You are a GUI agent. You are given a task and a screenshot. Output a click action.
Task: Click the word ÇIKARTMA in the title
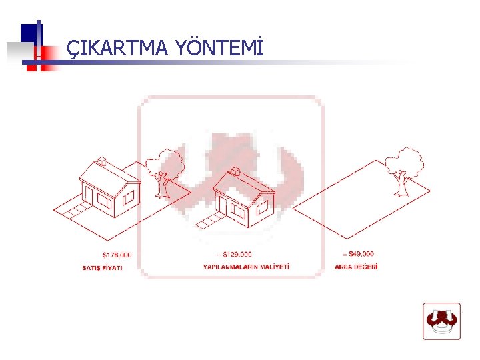(x=117, y=48)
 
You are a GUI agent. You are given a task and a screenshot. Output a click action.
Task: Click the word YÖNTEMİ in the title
(x=219, y=48)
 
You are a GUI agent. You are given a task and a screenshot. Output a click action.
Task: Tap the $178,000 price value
(x=117, y=255)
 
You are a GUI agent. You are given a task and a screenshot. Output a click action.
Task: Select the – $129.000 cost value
(x=235, y=254)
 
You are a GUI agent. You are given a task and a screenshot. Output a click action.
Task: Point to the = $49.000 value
(x=357, y=253)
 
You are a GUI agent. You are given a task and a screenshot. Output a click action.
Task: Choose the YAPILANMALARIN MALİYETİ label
(x=246, y=267)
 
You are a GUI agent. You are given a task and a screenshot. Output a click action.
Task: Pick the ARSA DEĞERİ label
(x=356, y=267)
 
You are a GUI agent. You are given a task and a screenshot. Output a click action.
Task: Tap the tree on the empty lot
(x=404, y=170)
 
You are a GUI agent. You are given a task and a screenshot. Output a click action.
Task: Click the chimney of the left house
(x=101, y=160)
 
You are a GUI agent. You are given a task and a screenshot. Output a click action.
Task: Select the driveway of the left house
(x=73, y=212)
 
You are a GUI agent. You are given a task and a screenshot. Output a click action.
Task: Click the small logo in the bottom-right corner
(x=441, y=321)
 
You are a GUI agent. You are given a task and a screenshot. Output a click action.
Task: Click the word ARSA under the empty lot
(x=343, y=267)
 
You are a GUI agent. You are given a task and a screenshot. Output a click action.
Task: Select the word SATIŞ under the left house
(x=91, y=268)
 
